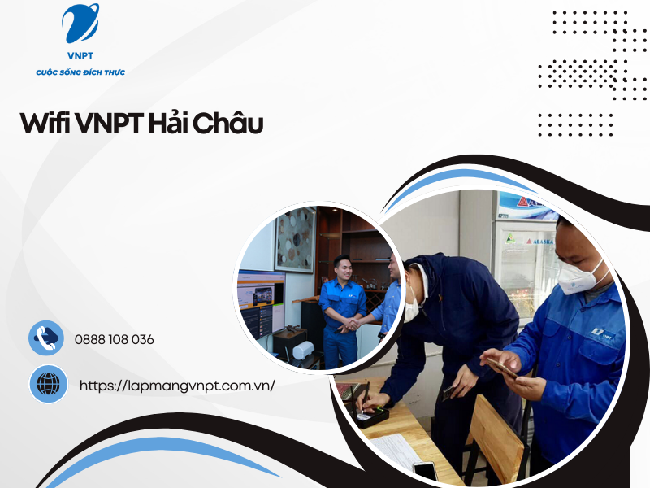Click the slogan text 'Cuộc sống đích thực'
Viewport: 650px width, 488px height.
(x=80, y=73)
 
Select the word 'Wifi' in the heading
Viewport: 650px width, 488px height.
(x=45, y=124)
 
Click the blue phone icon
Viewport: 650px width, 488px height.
(x=46, y=338)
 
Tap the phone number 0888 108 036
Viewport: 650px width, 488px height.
(x=114, y=339)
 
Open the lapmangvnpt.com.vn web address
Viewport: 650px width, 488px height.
(x=177, y=386)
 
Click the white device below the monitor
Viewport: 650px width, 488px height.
(x=302, y=350)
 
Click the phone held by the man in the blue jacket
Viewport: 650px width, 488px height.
(x=502, y=366)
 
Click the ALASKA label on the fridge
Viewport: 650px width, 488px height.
(x=540, y=242)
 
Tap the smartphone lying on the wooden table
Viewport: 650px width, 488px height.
(x=425, y=469)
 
